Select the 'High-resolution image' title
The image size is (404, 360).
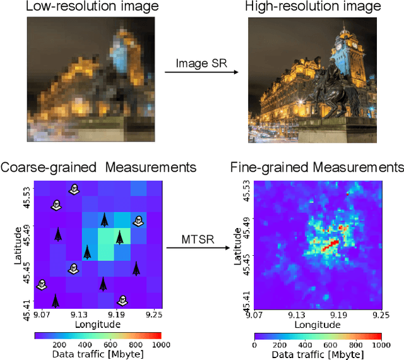click(314, 7)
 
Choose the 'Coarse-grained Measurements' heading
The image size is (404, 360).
click(98, 167)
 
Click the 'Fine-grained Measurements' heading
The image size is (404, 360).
click(316, 167)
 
